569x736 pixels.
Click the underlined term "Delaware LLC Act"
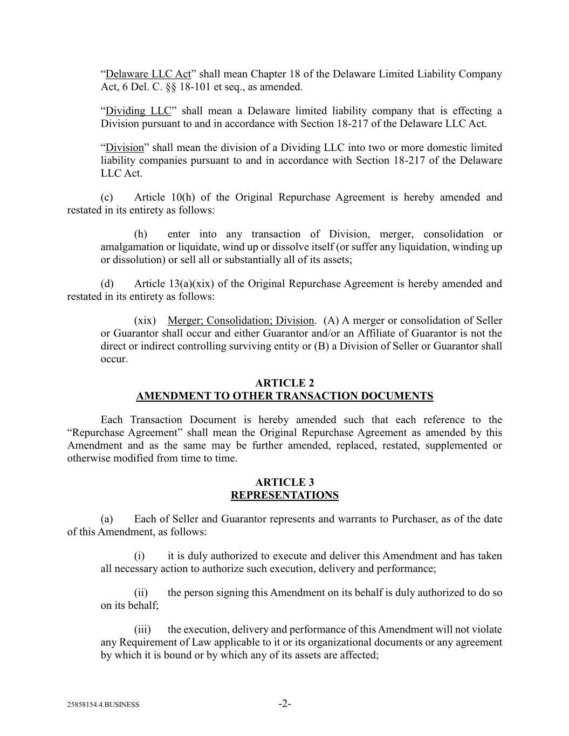pyautogui.click(x=148, y=74)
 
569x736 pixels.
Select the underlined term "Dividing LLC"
pyautogui.click(x=138, y=111)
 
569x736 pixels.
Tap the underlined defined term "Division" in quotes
pyautogui.click(x=125, y=147)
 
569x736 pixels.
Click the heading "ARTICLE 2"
pyautogui.click(x=284, y=383)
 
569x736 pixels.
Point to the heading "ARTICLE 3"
pyautogui.click(x=284, y=482)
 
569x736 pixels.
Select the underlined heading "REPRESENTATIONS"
pyautogui.click(x=284, y=495)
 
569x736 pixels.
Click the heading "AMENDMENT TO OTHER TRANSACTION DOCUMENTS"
pyautogui.click(x=284, y=396)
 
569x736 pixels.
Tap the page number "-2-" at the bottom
pyautogui.click(x=285, y=703)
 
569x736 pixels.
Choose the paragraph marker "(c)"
pyautogui.click(x=107, y=197)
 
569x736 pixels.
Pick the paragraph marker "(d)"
pyautogui.click(x=107, y=284)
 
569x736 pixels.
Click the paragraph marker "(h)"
pyautogui.click(x=140, y=234)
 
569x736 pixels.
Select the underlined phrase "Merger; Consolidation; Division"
pyautogui.click(x=241, y=320)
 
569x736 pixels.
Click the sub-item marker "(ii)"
pyautogui.click(x=141, y=593)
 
